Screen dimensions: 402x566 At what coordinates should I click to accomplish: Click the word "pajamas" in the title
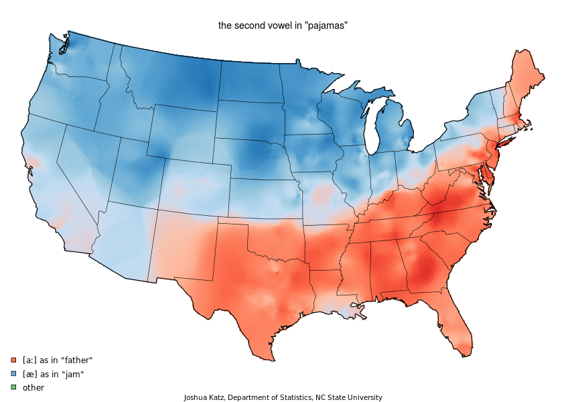coord(329,25)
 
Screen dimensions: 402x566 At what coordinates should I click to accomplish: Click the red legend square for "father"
coord(13,360)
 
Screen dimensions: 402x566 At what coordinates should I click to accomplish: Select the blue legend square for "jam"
coord(13,373)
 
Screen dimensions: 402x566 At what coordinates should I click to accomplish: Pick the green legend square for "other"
coord(13,387)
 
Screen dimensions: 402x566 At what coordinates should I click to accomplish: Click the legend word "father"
coord(76,360)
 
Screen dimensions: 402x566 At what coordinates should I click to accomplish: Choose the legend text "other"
coord(33,387)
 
